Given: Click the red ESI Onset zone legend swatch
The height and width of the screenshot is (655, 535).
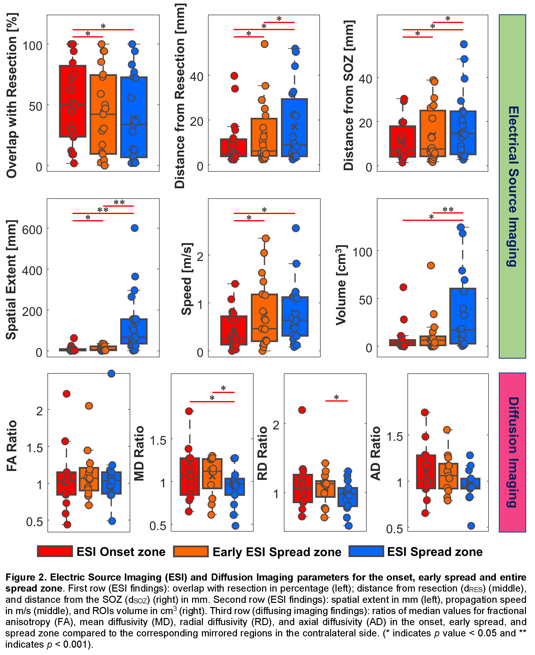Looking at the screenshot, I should pyautogui.click(x=55, y=551).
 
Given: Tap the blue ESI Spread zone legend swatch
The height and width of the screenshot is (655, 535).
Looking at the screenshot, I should pyautogui.click(x=366, y=551).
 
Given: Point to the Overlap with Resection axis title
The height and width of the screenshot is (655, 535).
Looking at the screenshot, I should pyautogui.click(x=12, y=95).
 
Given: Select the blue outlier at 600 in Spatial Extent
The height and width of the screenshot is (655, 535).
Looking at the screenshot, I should pyautogui.click(x=134, y=228).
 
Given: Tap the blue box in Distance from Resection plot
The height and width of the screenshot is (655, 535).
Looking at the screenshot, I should pyautogui.click(x=294, y=128).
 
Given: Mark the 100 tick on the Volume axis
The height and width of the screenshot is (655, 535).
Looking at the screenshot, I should pyautogui.click(x=362, y=252).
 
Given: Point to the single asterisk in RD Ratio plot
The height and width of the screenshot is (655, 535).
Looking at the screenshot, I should pyautogui.click(x=337, y=397).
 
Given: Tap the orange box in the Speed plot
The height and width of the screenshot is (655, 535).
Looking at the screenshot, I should pyautogui.click(x=264, y=318).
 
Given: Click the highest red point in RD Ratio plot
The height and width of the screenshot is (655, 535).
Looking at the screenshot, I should pyautogui.click(x=302, y=410).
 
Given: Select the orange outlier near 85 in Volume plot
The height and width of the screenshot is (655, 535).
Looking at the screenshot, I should pyautogui.click(x=431, y=265).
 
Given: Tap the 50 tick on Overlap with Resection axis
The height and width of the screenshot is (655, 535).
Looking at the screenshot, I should pyautogui.click(x=35, y=106).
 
